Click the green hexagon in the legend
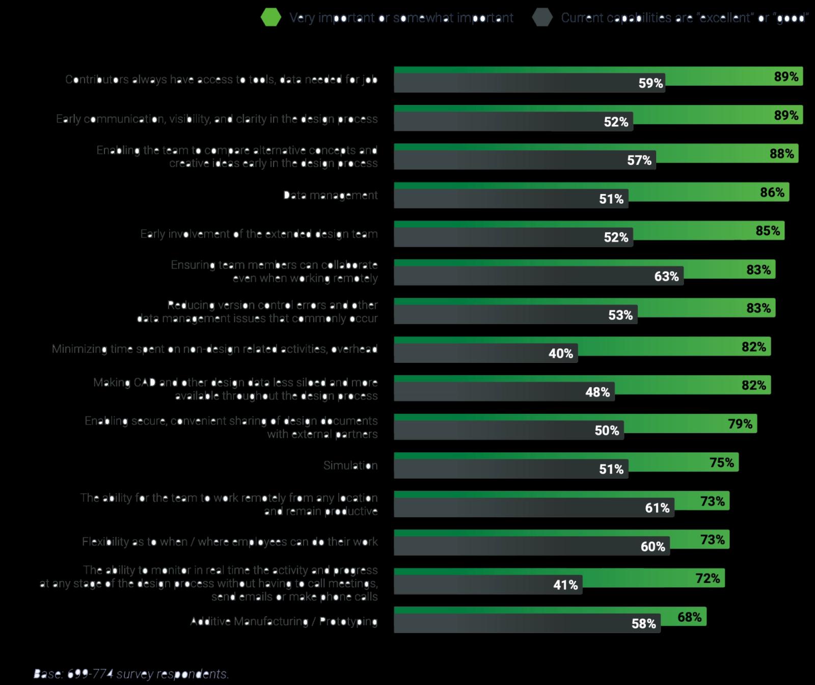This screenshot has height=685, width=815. [x=271, y=17]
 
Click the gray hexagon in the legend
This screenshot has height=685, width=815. [x=542, y=17]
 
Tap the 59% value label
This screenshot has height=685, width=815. [x=650, y=83]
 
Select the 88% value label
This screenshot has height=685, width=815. [x=781, y=153]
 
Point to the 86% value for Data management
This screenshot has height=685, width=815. [x=772, y=192]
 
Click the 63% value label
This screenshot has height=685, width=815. [x=666, y=276]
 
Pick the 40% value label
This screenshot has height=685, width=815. [x=560, y=353]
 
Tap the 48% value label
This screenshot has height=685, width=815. [x=597, y=392]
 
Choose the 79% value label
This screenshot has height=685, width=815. [x=740, y=424]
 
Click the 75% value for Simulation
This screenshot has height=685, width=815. [x=721, y=462]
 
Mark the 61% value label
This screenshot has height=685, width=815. [x=657, y=508]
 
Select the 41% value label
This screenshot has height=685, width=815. [x=565, y=585]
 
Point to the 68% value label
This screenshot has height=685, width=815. [x=689, y=617]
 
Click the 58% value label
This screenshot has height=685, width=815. [x=643, y=623]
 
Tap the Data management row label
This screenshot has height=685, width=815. [x=330, y=195]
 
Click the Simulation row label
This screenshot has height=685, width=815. [x=350, y=465]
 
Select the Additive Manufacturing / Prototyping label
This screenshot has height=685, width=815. [x=284, y=621]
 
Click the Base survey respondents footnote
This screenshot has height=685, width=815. [x=131, y=674]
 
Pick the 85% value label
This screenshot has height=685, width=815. [x=768, y=230]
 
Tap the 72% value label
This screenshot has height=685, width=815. [x=708, y=578]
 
